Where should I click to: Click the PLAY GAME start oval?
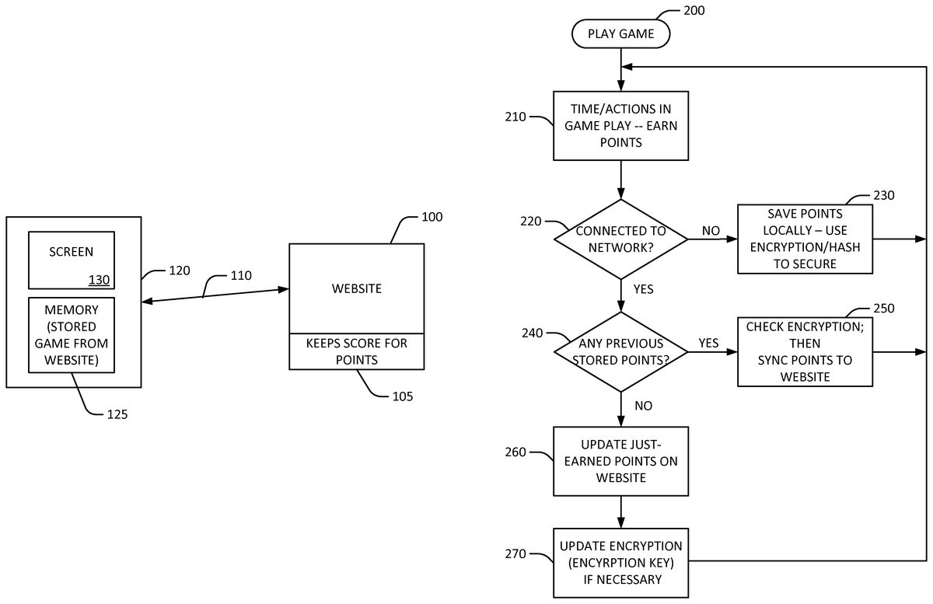[620, 33]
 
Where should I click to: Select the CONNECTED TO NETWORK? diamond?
[620, 239]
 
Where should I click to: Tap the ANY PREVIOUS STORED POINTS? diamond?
[620, 352]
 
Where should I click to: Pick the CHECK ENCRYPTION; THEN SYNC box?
[805, 351]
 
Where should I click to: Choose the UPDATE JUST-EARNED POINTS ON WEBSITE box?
[620, 461]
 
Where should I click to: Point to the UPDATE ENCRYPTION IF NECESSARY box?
[620, 562]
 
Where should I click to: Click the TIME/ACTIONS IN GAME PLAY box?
[620, 125]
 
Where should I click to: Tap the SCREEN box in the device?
[72, 260]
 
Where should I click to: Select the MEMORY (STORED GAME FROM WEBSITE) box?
[72, 333]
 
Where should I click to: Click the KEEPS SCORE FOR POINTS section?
[356, 351]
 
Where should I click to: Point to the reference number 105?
[402, 396]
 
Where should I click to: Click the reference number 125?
[116, 414]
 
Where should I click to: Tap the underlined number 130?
[99, 280]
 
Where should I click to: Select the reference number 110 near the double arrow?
[242, 276]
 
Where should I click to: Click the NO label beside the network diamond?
[711, 231]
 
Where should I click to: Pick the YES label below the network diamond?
[643, 289]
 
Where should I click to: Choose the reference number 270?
[515, 554]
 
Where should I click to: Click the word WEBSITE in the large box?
[356, 288]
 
